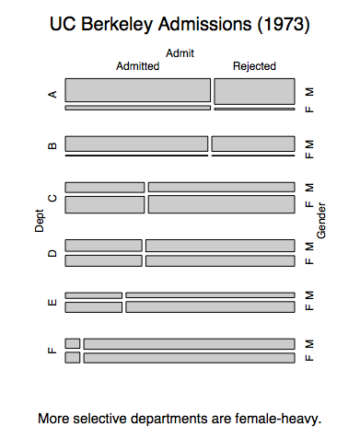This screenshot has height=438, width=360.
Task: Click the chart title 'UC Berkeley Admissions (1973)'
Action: click(180, 24)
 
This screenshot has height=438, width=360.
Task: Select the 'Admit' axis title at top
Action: click(180, 53)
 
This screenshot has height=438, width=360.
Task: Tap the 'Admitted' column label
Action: click(138, 66)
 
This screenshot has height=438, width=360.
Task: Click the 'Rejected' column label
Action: click(254, 66)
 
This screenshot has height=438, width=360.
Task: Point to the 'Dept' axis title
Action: click(40, 221)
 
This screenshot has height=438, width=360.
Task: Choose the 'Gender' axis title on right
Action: click(321, 220)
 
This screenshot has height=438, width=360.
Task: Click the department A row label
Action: click(52, 94)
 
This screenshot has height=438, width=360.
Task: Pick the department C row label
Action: click(52, 198)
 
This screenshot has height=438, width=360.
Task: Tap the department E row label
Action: click(52, 303)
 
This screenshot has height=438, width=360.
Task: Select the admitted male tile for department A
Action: click(138, 90)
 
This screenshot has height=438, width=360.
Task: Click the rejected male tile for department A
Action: click(254, 91)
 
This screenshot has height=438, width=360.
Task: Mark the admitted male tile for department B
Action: click(136, 144)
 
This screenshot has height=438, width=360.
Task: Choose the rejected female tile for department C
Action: click(222, 204)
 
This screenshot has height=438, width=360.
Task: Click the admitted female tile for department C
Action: click(105, 204)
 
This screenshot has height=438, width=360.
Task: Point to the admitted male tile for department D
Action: click(104, 246)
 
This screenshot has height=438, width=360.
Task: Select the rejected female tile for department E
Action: click(210, 307)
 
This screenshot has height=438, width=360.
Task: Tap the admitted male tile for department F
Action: click(73, 343)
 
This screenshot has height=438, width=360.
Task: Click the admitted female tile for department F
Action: click(73, 358)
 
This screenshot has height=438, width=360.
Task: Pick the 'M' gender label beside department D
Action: click(309, 247)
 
